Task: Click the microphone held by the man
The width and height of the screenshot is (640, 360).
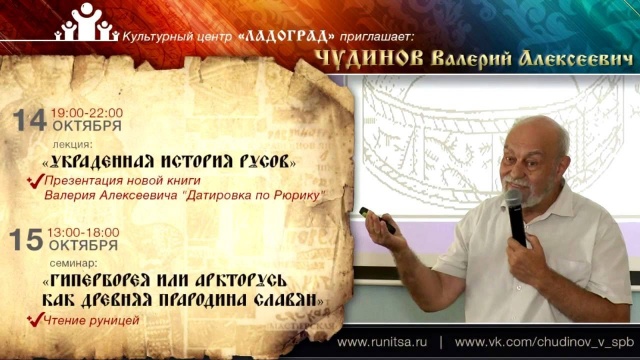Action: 515,215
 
